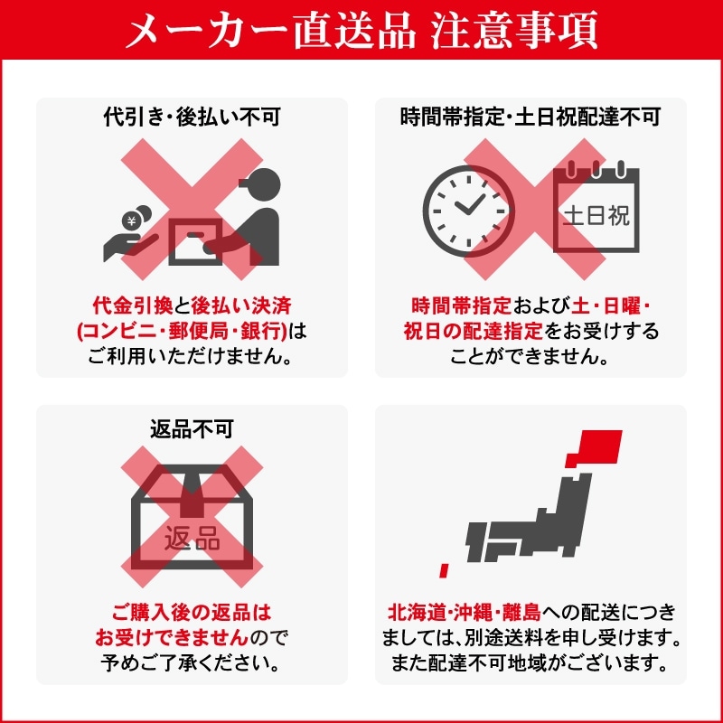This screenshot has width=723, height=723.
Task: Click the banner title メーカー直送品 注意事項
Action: tap(362, 30)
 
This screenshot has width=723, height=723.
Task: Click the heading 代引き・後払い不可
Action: tap(192, 117)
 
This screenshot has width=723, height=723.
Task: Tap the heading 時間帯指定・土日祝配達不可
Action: tap(531, 117)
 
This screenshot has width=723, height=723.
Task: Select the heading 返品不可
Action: tap(192, 429)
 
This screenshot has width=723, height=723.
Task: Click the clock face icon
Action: tap(468, 211)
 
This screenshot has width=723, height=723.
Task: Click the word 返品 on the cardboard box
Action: tap(192, 539)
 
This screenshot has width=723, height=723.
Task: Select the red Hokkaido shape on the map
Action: tap(595, 448)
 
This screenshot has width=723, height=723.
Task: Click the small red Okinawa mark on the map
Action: tap(444, 570)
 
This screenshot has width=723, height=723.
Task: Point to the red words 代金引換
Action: tap(133, 305)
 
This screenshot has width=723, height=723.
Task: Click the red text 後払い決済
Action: tap(241, 305)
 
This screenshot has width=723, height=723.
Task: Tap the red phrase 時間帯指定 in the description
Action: tap(462, 305)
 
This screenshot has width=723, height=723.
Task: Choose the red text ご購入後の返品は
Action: tap(192, 613)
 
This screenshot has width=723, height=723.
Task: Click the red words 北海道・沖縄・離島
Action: tap(465, 613)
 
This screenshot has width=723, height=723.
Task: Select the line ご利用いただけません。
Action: tap(191, 356)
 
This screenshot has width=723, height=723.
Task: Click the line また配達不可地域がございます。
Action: tap(531, 663)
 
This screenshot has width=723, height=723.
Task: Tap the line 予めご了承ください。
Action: tap(191, 663)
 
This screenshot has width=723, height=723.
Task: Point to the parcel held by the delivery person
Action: tap(195, 241)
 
